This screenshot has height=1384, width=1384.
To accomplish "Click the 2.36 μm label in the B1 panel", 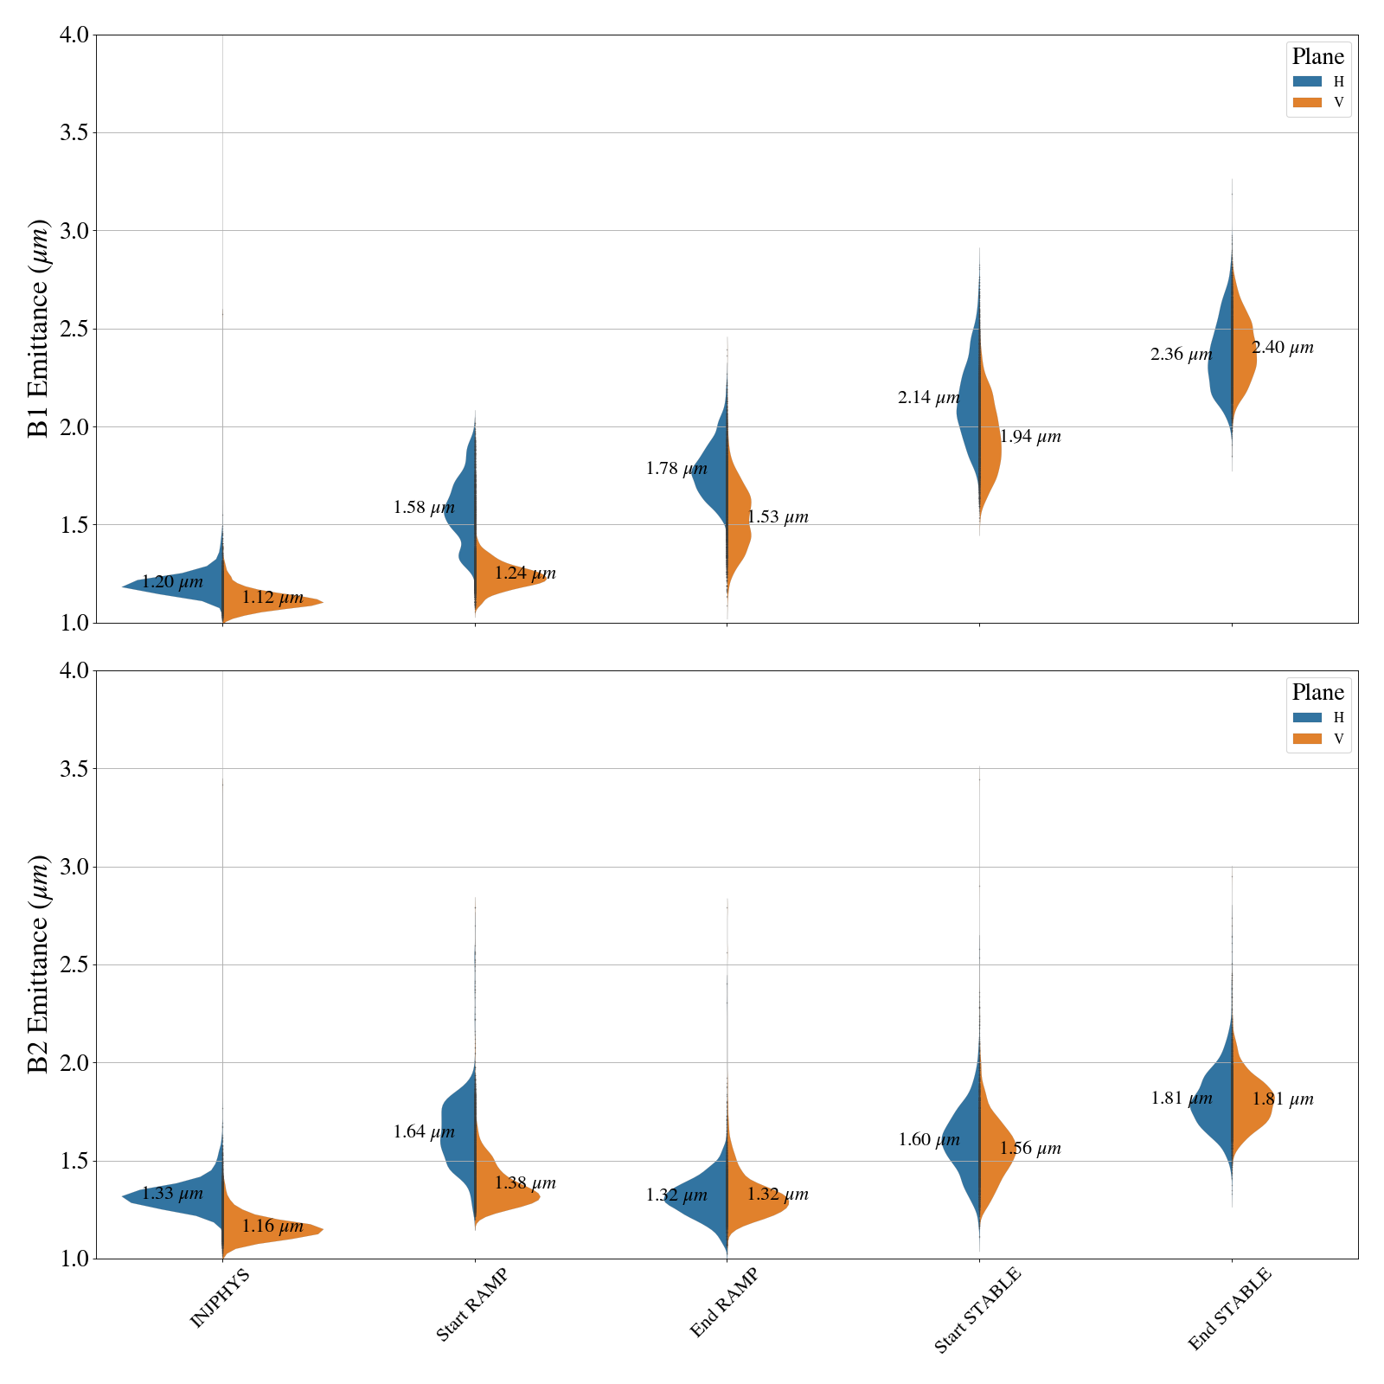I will click(x=1181, y=355).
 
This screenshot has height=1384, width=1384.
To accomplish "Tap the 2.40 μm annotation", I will click(x=1282, y=348).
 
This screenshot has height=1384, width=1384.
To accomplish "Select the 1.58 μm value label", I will click(x=424, y=508).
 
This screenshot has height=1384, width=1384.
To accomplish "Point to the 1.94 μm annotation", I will click(x=1029, y=437).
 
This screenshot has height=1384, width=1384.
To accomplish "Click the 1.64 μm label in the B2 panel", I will click(x=424, y=1132).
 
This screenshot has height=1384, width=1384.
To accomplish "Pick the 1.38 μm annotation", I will click(x=525, y=1183).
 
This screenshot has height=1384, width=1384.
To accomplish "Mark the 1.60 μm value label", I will click(x=928, y=1140).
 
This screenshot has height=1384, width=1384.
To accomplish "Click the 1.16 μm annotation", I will click(x=272, y=1227).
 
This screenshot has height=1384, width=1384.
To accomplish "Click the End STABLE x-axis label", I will click(x=1229, y=1309).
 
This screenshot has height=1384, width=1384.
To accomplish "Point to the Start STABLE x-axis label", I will click(x=977, y=1310).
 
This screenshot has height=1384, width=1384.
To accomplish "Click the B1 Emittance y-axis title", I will click(x=39, y=329).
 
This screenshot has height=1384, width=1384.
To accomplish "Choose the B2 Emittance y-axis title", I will click(x=39, y=964).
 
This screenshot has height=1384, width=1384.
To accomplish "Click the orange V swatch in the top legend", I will click(x=1307, y=103).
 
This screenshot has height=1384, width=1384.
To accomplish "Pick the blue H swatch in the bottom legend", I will click(x=1307, y=717).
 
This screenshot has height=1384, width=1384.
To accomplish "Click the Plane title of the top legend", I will click(x=1317, y=57).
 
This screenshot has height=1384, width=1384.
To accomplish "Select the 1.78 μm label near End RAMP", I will click(x=676, y=470).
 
